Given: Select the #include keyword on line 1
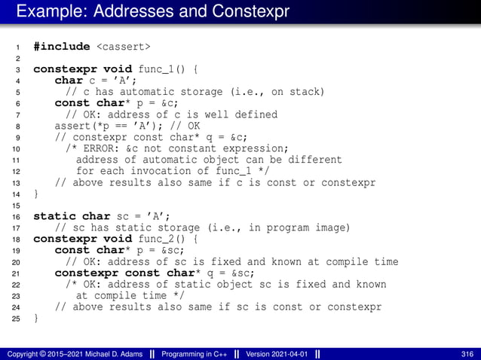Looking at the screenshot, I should tap(62, 47).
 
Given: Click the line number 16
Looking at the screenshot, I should tap(16, 216).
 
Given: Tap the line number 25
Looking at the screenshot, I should tap(16, 318).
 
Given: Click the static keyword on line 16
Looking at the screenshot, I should tap(53, 216).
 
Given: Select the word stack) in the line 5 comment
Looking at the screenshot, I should tap(305, 92).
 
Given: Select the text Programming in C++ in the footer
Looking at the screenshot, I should tap(195, 354).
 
